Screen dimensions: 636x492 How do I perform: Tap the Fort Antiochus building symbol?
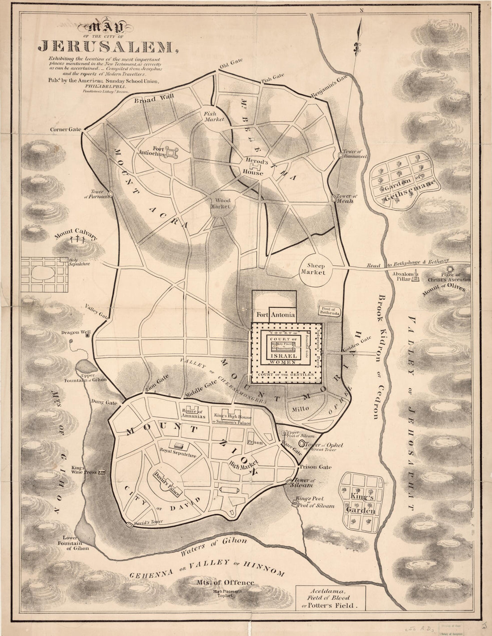[170, 153]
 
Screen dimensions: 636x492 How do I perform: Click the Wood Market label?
[220, 204]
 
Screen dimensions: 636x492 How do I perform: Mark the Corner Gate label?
[65, 129]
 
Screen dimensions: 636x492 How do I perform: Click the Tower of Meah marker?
[334, 198]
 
